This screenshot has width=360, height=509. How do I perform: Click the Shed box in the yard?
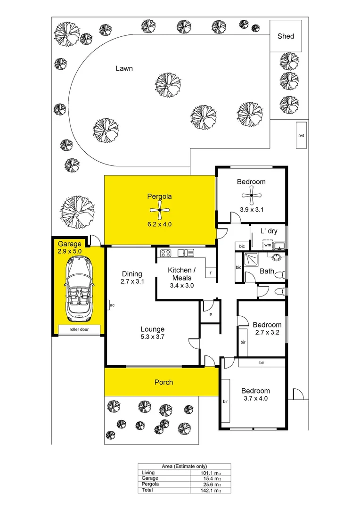point(286,36)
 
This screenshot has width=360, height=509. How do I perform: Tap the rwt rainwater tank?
point(301,135)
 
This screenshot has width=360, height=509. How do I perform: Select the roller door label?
point(79,329)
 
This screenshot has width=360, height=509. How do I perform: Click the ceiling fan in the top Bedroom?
point(252,195)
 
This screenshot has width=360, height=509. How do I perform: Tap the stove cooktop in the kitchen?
point(165,253)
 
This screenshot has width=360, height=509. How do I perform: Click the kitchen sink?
point(186,253)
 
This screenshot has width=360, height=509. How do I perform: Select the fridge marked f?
point(210,273)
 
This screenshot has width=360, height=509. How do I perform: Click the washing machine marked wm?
point(267,245)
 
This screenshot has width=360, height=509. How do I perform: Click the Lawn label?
point(124,68)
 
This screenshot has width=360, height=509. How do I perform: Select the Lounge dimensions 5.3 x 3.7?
point(152,337)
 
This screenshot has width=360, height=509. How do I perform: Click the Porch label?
point(164,382)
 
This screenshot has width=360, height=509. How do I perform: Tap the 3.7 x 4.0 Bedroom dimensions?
point(255,399)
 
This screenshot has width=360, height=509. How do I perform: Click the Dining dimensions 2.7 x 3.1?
point(132,281)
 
